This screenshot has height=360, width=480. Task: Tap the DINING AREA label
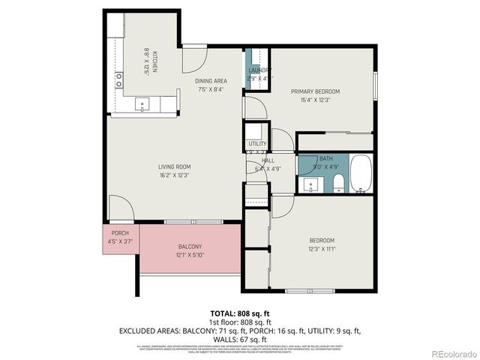pos(211,81)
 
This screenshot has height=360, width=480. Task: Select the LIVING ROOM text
pos(174,166)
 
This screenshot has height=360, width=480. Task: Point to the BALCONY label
pos(189,246)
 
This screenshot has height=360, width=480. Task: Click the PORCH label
pos(120,232)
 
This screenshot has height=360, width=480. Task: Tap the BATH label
pos(325,159)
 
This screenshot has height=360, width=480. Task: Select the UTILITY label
pos(257,143)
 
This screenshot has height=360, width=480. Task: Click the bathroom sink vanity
pos(308,184)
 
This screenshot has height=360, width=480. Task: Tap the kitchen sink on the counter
pos(142,104)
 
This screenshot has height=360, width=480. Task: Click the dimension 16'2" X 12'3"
pos(174,175)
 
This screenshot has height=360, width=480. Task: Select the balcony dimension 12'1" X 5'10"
pos(189,255)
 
